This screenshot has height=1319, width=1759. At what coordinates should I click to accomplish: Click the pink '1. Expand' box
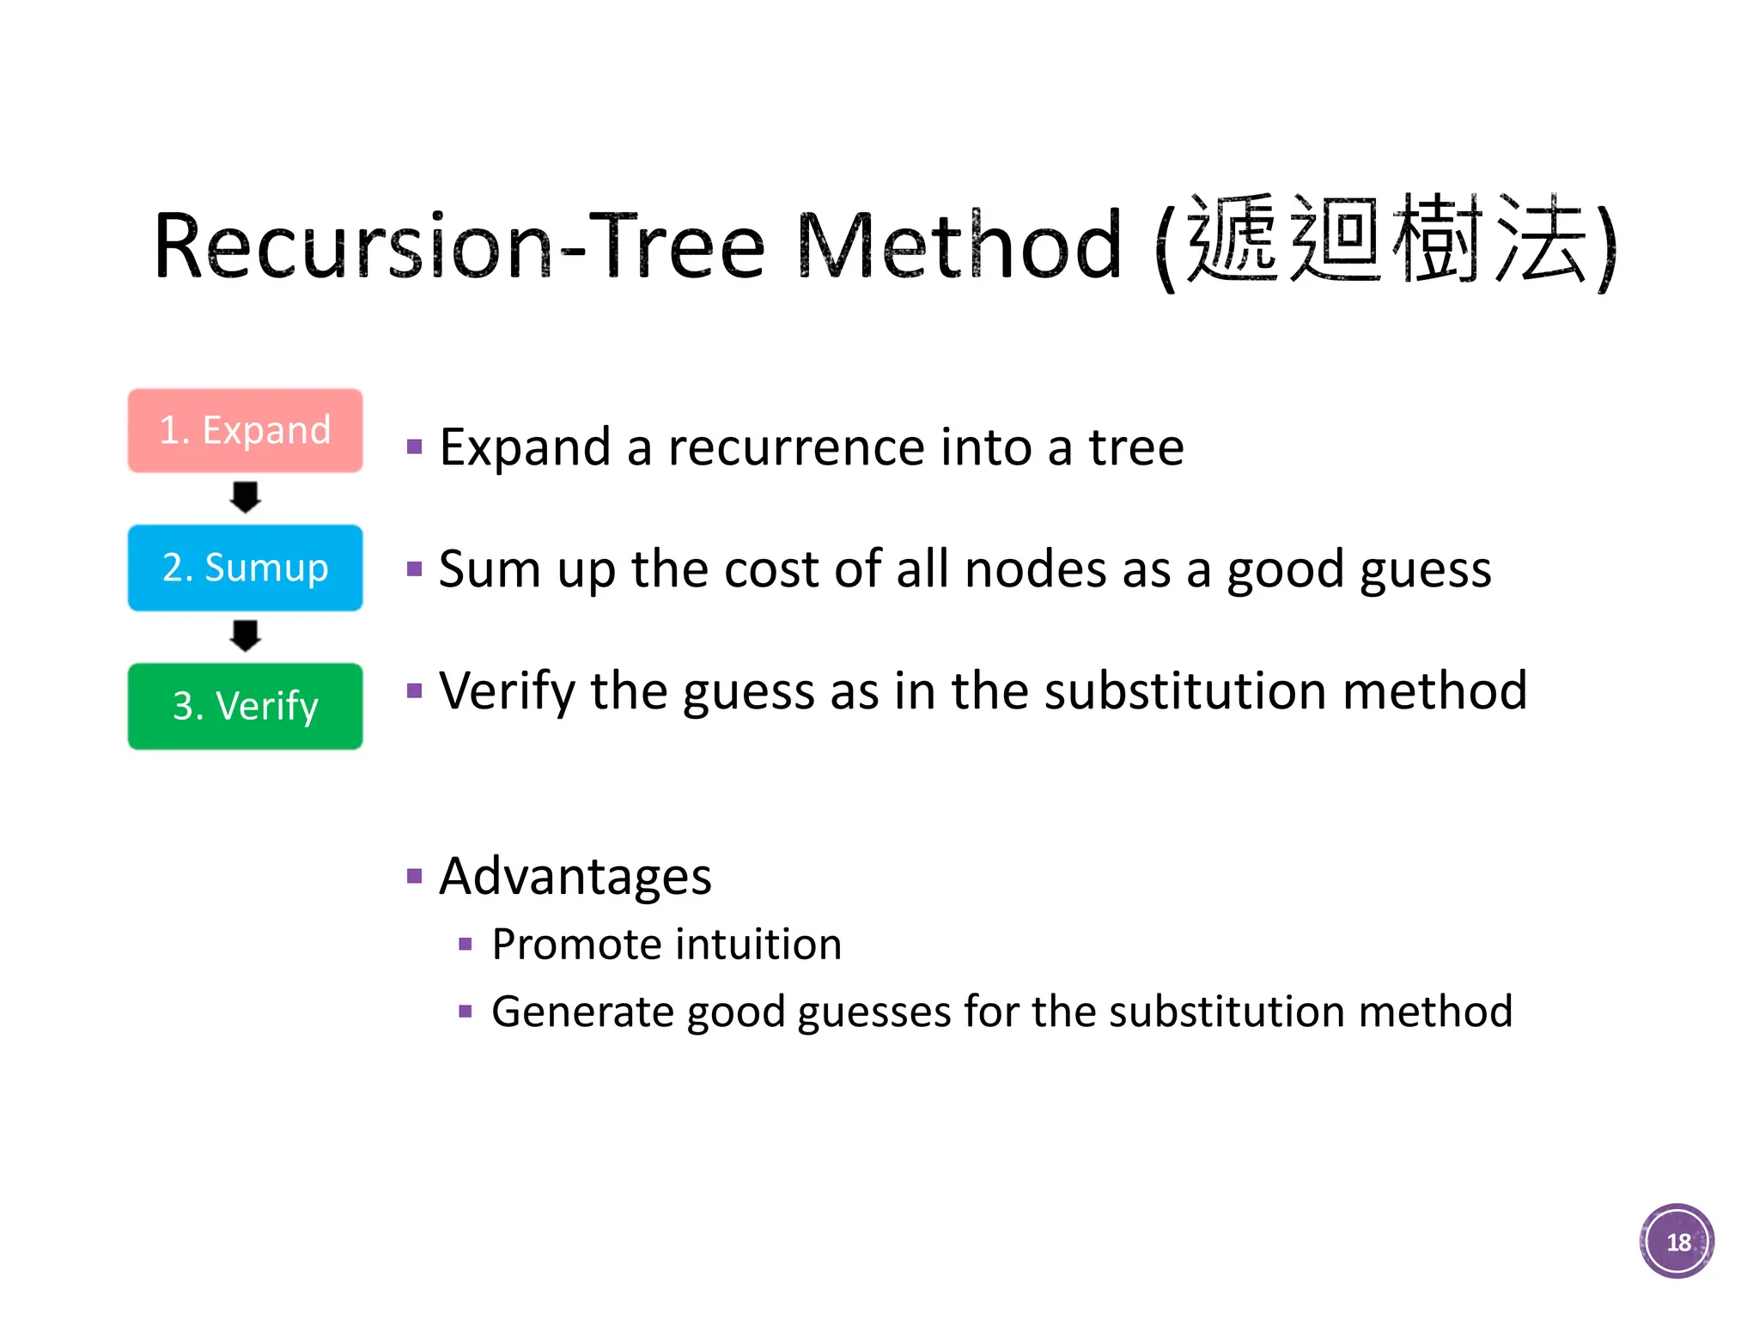[245, 430]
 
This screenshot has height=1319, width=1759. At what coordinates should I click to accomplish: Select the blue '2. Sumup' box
[245, 568]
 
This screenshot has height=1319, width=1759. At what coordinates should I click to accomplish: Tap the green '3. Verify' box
[245, 706]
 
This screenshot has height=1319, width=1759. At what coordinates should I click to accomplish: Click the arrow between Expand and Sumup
[245, 497]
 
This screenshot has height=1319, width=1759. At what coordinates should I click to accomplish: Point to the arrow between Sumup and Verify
[245, 635]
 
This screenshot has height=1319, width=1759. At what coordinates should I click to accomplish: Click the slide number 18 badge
[1677, 1241]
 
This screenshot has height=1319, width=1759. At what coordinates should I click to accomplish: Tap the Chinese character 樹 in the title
[1438, 239]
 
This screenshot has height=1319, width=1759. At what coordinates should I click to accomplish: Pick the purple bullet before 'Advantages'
[415, 877]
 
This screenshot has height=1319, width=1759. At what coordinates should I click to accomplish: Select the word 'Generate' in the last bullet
[582, 1012]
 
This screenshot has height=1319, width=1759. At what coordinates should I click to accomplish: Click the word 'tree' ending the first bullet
[1136, 447]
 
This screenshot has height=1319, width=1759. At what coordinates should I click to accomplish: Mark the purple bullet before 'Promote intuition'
[466, 945]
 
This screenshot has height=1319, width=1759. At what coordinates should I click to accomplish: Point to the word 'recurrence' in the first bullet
[796, 447]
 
